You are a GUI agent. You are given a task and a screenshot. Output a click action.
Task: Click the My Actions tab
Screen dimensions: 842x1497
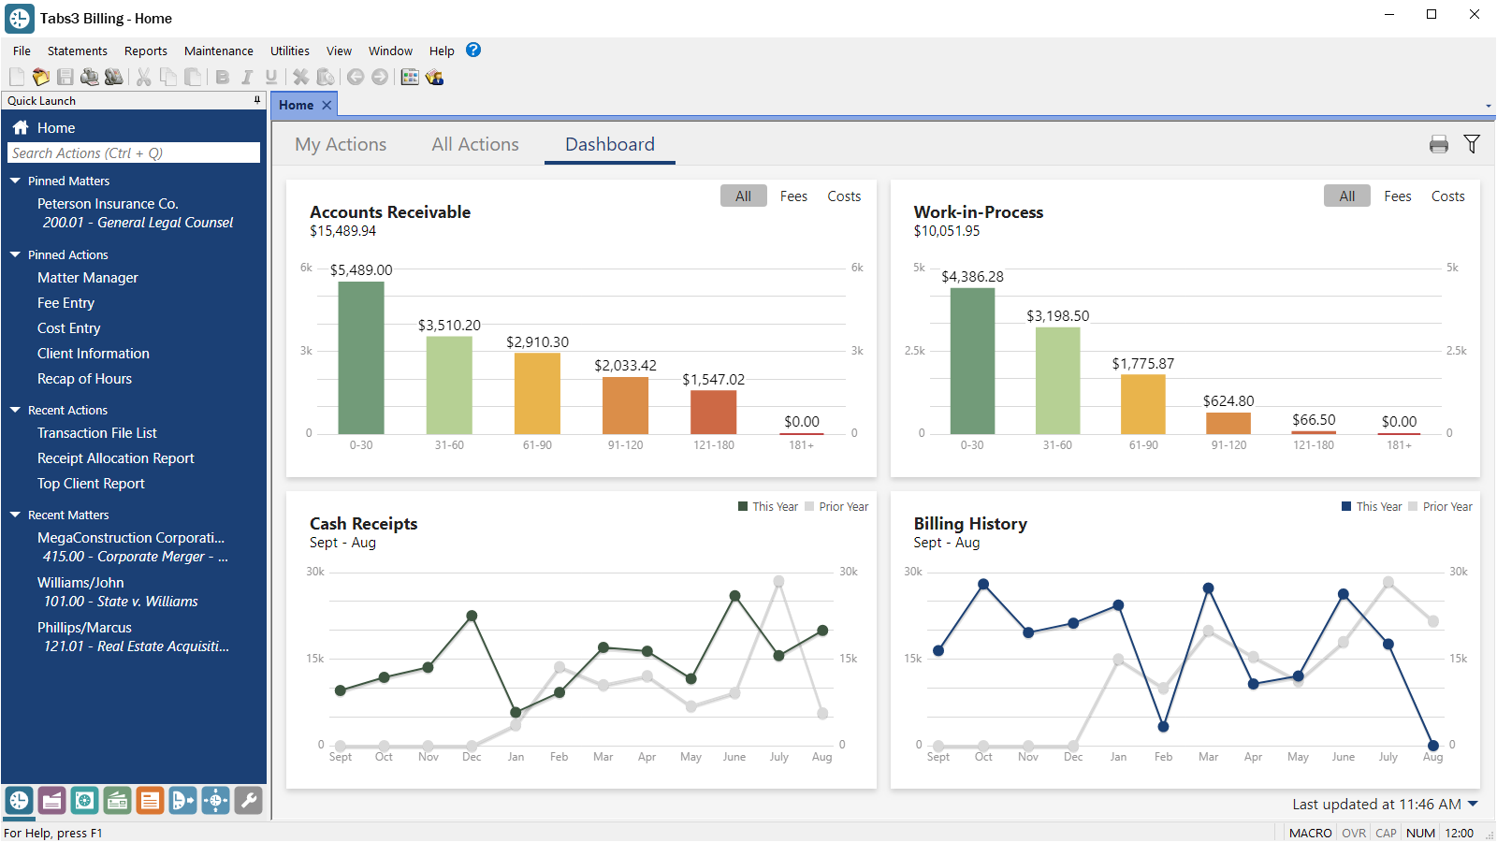point(341,145)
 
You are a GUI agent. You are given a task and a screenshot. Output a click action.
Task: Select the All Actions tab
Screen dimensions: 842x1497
point(475,145)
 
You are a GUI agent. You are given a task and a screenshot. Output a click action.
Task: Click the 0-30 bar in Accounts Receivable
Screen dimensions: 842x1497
point(361,358)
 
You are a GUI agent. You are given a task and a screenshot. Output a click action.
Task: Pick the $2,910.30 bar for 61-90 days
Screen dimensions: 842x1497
point(537,394)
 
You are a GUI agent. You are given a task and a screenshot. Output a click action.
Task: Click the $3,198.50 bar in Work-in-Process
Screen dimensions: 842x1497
point(1057,381)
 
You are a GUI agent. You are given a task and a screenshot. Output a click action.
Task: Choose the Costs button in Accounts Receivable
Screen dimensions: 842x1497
point(843,196)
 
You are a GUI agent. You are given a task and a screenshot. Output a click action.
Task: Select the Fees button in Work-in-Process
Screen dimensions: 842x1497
point(1397,196)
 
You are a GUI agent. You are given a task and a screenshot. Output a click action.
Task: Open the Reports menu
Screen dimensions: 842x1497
point(145,51)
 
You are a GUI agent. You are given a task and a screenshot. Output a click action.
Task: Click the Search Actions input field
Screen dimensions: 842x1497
point(134,153)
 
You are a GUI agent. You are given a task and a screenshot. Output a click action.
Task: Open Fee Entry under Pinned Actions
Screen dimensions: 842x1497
point(65,303)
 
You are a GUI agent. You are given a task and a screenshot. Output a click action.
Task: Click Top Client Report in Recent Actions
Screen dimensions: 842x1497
point(91,484)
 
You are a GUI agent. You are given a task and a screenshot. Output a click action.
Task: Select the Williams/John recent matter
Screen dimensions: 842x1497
point(80,583)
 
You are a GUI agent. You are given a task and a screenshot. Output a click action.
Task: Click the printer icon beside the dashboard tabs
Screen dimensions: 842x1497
point(1438,144)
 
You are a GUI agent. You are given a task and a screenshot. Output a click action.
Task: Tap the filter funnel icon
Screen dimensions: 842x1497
point(1472,144)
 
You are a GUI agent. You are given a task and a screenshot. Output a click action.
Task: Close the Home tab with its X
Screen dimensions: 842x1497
point(327,106)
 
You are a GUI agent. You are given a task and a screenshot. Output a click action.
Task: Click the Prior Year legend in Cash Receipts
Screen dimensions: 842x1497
point(842,507)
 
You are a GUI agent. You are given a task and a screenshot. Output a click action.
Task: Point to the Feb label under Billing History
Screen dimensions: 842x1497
point(1163,757)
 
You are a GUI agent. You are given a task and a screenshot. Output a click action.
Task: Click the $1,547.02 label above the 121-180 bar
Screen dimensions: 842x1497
point(713,380)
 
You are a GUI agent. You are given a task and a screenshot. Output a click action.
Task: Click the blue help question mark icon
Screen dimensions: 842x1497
point(473,51)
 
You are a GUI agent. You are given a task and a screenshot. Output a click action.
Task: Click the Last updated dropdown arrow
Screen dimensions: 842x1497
point(1474,804)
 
